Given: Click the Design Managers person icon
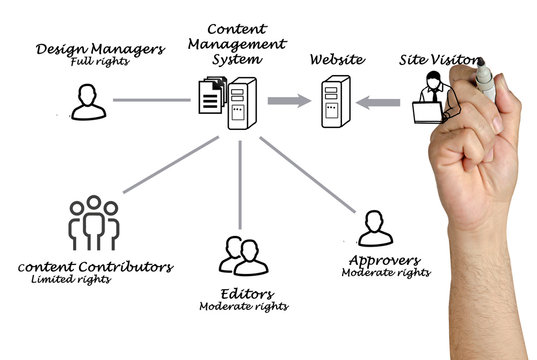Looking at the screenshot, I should tap(85, 100).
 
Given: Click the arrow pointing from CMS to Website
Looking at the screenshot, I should tap(288, 100).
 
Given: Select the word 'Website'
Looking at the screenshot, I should tap(336, 60).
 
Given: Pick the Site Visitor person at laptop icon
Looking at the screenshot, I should tap(434, 98).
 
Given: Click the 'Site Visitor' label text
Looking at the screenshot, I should tap(438, 59).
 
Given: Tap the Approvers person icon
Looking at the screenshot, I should tap(373, 228).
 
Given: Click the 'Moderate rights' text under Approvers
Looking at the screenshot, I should tap(385, 272).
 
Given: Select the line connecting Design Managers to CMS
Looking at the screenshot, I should tap(150, 100).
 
